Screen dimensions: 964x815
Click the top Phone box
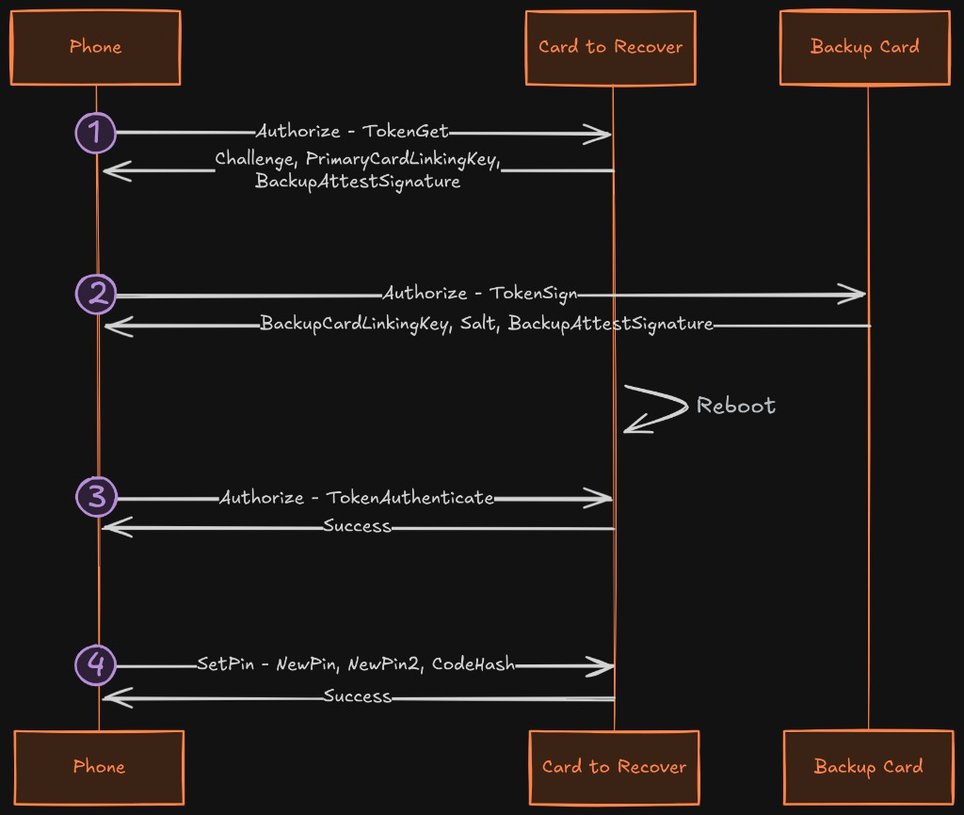[95, 47]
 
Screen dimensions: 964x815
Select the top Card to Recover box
[610, 47]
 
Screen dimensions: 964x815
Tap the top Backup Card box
[865, 47]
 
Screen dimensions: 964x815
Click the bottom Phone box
[99, 767]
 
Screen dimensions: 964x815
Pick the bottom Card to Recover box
[614, 767]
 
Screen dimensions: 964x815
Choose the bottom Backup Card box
[869, 767]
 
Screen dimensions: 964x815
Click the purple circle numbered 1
[96, 133]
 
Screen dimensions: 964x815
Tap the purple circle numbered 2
[96, 294]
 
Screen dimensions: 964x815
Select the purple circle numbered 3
[97, 497]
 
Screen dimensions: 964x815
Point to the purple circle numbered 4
[96, 664]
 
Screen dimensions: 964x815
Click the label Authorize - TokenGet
[352, 131]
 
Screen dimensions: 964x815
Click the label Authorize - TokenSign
[480, 294]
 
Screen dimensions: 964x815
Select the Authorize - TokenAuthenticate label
[357, 497]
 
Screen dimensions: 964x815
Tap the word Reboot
[736, 406]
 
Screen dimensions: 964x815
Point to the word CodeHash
[474, 663]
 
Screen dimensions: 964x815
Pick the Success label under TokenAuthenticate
[357, 526]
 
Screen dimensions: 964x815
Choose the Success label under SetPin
[357, 695]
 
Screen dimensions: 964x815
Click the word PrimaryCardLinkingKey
[403, 159]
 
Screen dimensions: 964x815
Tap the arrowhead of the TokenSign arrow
[851, 295]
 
